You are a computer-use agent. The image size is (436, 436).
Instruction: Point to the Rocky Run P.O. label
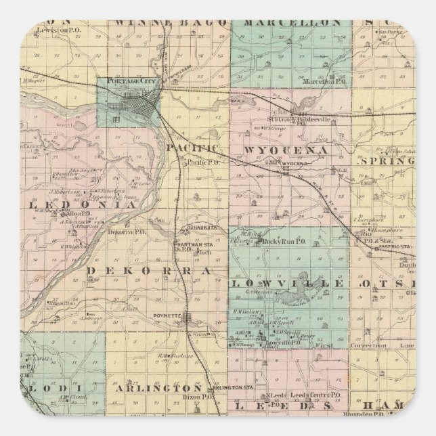[x=275, y=241]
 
